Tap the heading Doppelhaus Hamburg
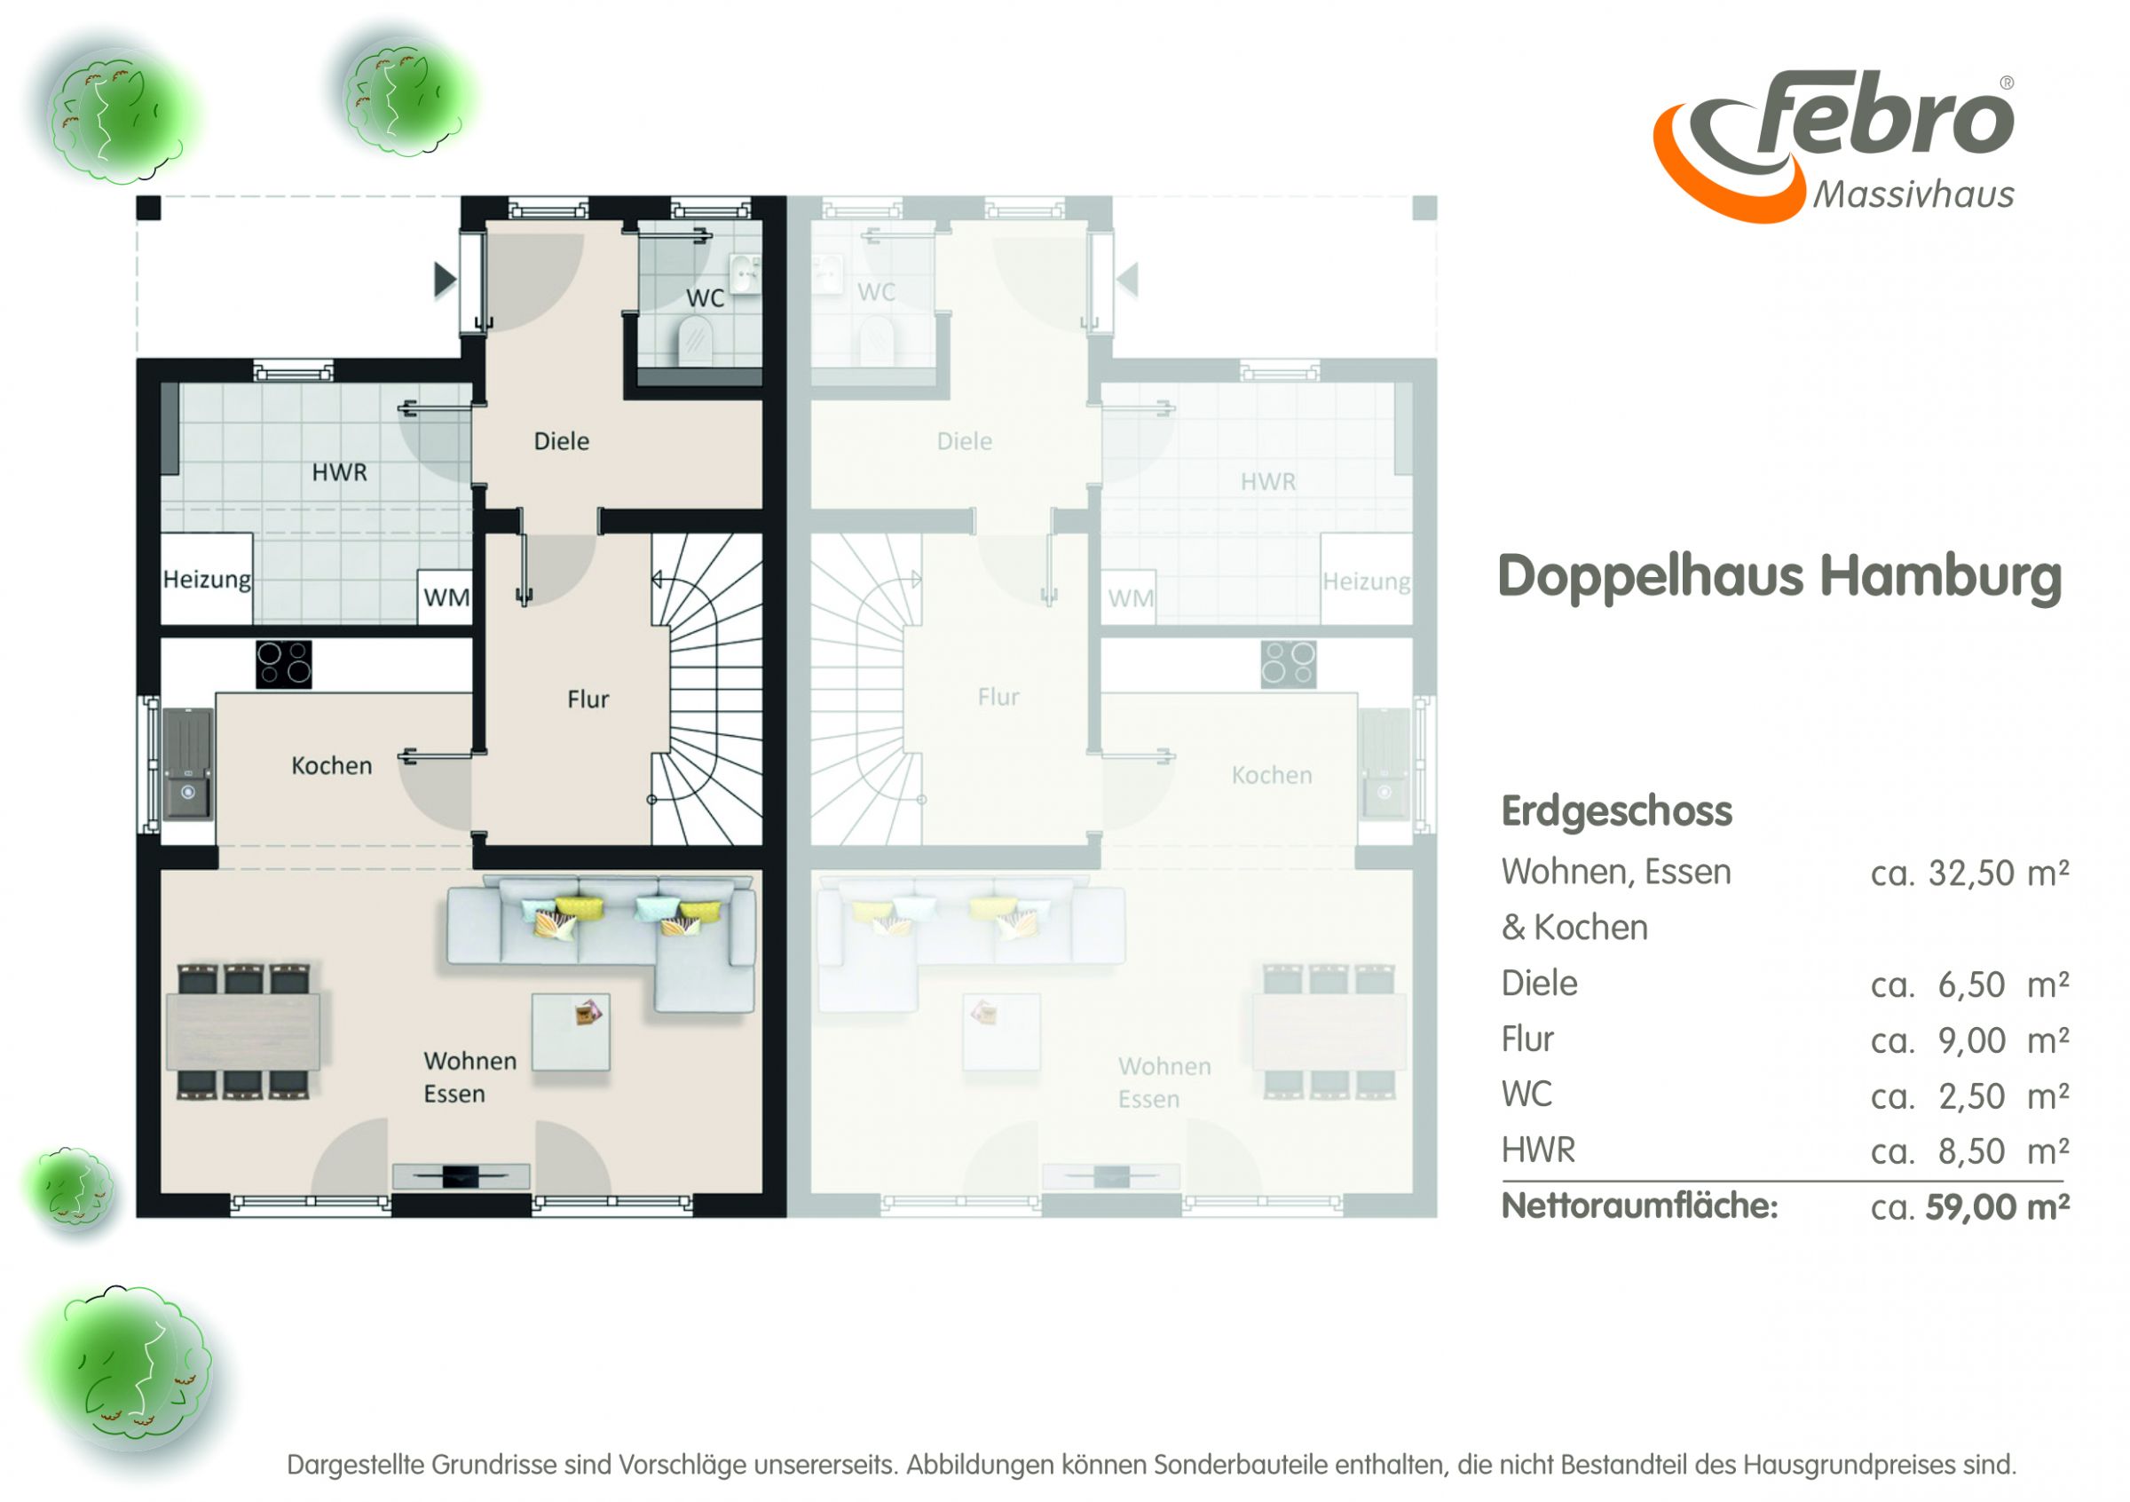tap(1779, 576)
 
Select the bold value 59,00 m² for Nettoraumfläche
tap(1998, 1207)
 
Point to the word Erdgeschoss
tap(1616, 810)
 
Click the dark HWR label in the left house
tap(340, 472)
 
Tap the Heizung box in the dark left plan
tap(207, 578)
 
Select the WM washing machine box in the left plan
tap(446, 597)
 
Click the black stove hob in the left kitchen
tap(284, 664)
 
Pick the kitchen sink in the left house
tap(188, 763)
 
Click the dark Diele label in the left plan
tap(561, 440)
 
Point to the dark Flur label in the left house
tap(588, 699)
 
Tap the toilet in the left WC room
tap(695, 340)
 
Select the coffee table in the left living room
tap(571, 1032)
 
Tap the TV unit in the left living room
tap(461, 1176)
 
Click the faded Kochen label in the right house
tap(1272, 775)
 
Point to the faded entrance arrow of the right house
tap(1128, 280)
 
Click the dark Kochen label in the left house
tap(331, 765)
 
